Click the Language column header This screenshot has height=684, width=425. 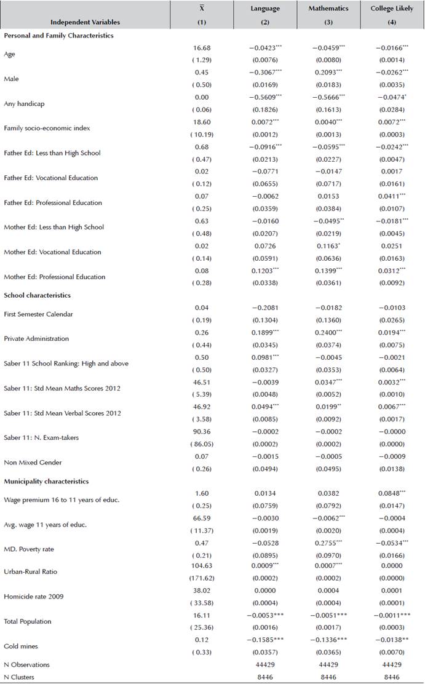(265, 9)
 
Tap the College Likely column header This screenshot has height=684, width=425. (392, 9)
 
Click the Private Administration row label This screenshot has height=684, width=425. (36, 338)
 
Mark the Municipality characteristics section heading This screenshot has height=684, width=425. (47, 481)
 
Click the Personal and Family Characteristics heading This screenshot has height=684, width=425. (59, 36)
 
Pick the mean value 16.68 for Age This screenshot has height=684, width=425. (202, 47)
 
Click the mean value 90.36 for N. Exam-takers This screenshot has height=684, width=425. (202, 431)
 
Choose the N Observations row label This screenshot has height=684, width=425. (26, 665)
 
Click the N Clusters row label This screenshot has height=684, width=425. (20, 677)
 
